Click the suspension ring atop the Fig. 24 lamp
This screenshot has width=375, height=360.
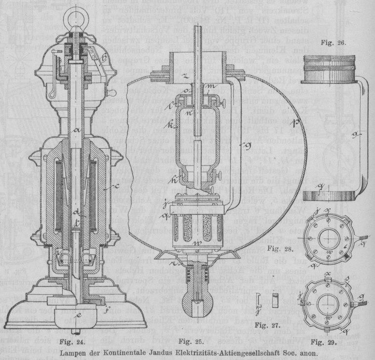74,10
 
